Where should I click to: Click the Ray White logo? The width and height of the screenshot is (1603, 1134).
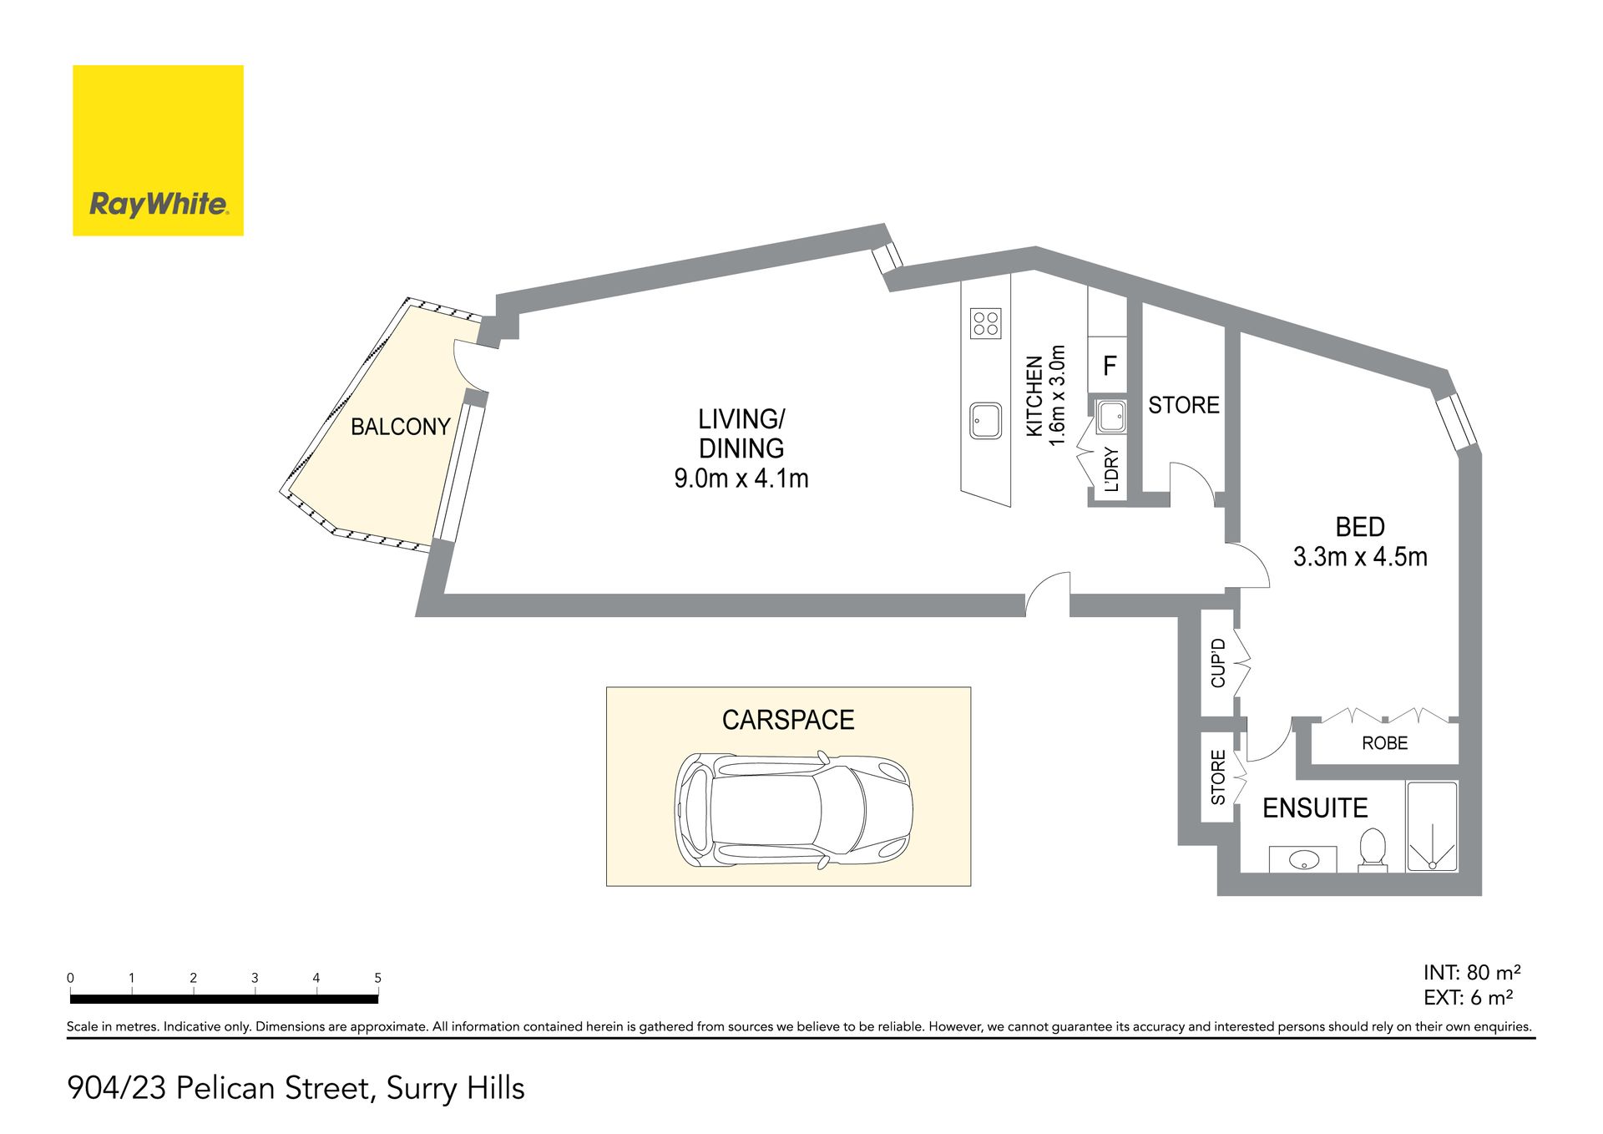[158, 150]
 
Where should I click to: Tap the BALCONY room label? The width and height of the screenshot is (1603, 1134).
[401, 427]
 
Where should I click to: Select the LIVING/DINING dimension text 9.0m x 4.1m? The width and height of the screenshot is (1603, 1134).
[741, 478]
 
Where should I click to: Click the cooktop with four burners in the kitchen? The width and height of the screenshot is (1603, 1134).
[986, 323]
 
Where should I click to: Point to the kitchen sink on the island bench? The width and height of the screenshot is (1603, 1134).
[986, 421]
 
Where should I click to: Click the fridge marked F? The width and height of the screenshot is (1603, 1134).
[1108, 365]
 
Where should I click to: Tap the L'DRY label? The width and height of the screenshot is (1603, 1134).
[1111, 470]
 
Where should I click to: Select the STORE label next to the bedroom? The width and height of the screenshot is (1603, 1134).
[1184, 405]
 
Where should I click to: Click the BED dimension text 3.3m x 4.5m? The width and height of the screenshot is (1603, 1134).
[1360, 556]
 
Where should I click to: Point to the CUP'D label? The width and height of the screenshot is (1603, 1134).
[1218, 663]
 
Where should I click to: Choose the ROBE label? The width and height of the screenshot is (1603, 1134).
[1384, 743]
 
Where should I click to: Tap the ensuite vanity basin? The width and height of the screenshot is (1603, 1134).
[1302, 859]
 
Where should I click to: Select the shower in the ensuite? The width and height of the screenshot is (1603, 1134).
[1432, 827]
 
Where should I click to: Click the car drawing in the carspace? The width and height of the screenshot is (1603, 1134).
[793, 808]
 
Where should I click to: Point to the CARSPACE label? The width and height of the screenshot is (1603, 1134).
[788, 720]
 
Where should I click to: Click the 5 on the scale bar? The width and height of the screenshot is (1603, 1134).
[377, 978]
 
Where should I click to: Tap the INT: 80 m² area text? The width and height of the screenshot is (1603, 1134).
[1472, 972]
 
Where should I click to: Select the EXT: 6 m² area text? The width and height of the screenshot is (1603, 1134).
[1469, 997]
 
